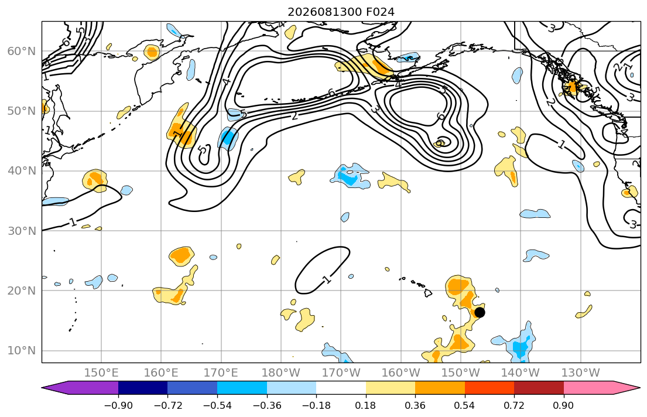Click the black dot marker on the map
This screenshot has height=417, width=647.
click(480, 313)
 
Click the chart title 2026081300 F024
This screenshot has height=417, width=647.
click(341, 12)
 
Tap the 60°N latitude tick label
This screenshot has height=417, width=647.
click(22, 51)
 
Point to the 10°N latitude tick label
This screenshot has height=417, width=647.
click(22, 351)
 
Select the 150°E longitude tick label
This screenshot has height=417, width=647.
click(101, 373)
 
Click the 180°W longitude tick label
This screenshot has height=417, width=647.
click(281, 373)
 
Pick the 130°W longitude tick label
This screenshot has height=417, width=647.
click(581, 373)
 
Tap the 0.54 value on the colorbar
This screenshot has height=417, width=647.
click(465, 405)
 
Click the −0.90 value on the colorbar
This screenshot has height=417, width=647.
click(118, 405)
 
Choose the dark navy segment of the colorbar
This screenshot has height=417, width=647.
click(143, 388)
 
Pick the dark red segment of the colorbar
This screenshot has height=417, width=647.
click(539, 388)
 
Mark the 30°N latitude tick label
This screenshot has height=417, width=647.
click(22, 231)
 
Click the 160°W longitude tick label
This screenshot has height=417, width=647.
click(400, 373)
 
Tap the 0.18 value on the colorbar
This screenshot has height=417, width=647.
click(365, 405)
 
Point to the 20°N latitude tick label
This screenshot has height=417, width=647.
click(22, 290)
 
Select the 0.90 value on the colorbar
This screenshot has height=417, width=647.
click(564, 405)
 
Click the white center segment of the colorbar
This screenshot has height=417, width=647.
click(341, 388)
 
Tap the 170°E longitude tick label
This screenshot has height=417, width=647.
click(221, 373)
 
